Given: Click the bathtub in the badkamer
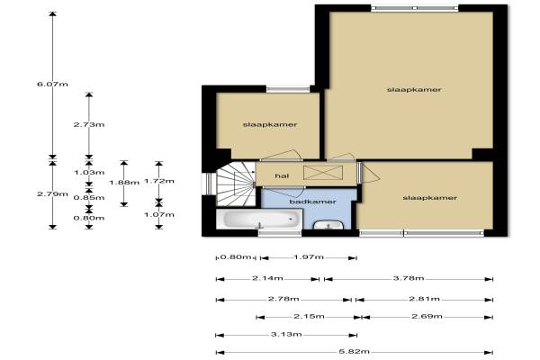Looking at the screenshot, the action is [259, 219].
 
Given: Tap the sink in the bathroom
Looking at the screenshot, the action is [328, 224].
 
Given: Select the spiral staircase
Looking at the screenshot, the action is [236, 184].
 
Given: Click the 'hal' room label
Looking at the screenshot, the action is [282, 176].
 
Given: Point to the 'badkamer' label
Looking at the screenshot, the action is [312, 202].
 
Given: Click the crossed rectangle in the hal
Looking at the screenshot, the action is [323, 173].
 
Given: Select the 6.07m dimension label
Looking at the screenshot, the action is [52, 84].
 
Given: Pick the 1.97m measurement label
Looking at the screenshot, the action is [309, 257].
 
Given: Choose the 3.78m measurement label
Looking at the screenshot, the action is [409, 278].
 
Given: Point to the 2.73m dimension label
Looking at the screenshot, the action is [89, 125].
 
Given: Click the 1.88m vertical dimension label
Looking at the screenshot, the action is [124, 183].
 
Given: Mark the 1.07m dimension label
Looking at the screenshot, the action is [159, 214].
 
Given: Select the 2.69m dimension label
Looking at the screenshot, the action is [427, 316].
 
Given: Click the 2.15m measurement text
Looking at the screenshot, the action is [309, 316].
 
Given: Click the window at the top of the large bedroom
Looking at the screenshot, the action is [415, 8].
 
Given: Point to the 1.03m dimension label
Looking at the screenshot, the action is [89, 172].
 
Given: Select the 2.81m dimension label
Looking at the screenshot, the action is [424, 299].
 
